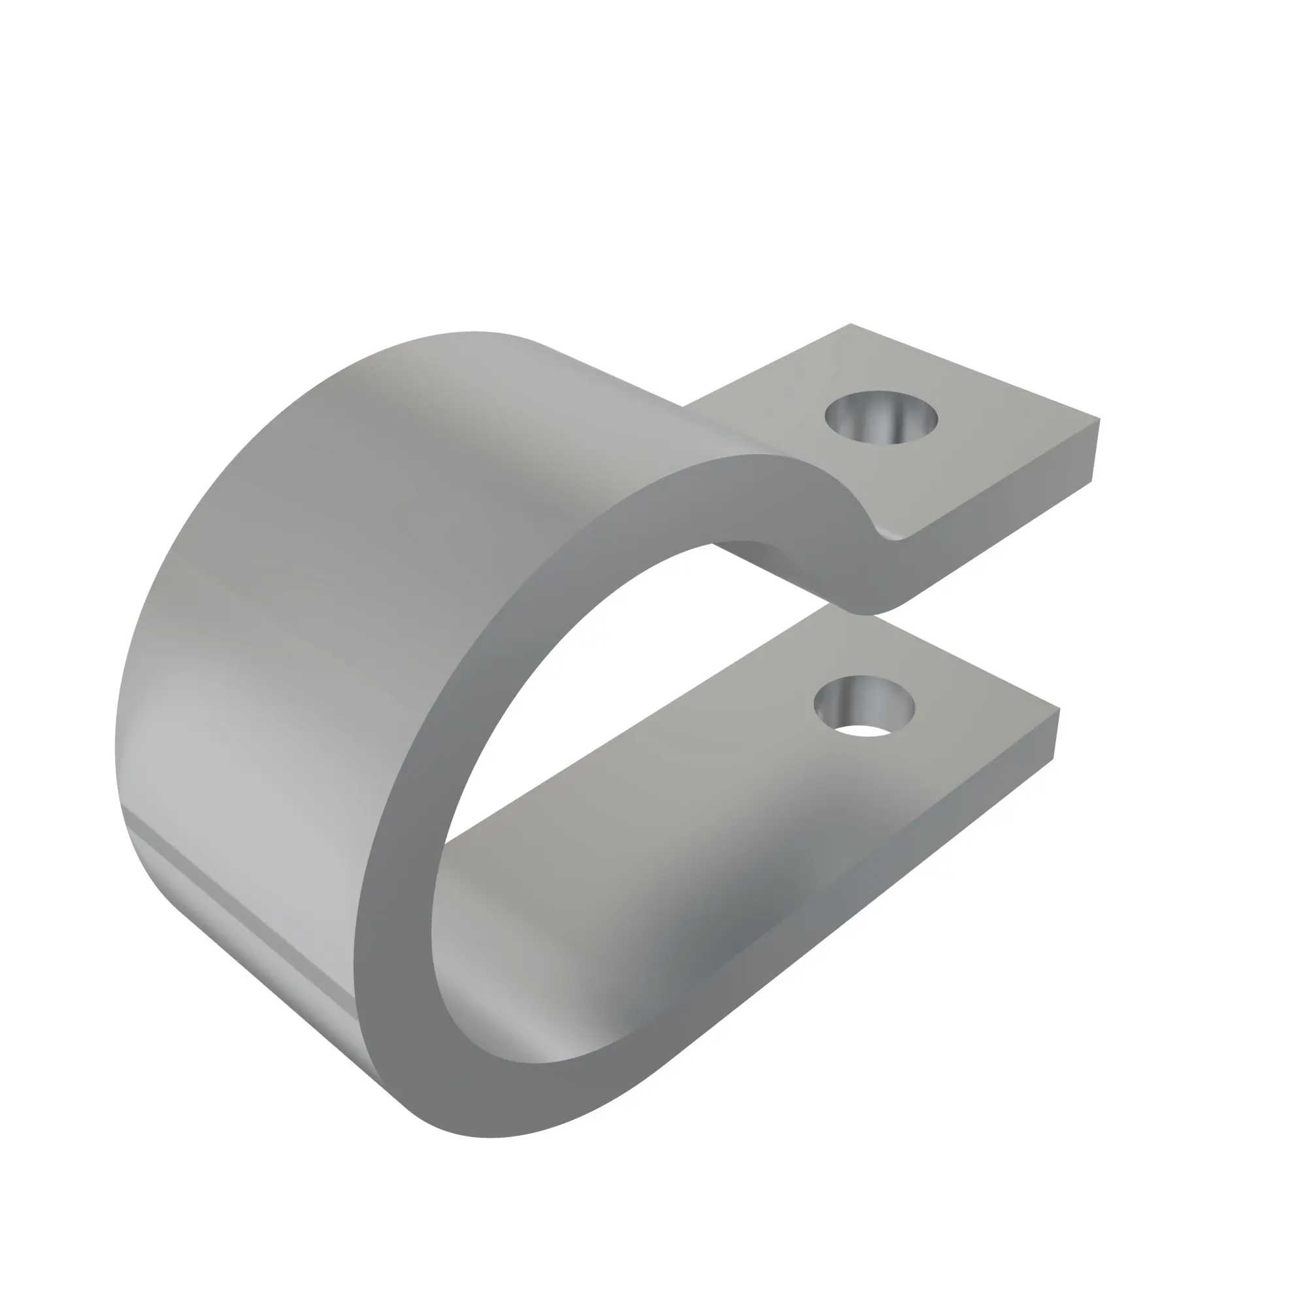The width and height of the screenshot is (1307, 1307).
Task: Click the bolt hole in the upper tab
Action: click(x=881, y=418)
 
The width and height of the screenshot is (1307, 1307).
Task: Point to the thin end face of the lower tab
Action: click(x=1056, y=735)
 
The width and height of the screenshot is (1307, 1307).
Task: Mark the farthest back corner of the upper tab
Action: click(x=850, y=325)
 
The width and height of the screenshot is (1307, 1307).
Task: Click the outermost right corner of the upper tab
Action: click(x=1099, y=420)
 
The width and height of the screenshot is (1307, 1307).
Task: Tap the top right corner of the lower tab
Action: click(x=1058, y=710)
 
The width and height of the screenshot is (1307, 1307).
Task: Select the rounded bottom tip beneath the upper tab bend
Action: click(x=866, y=612)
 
